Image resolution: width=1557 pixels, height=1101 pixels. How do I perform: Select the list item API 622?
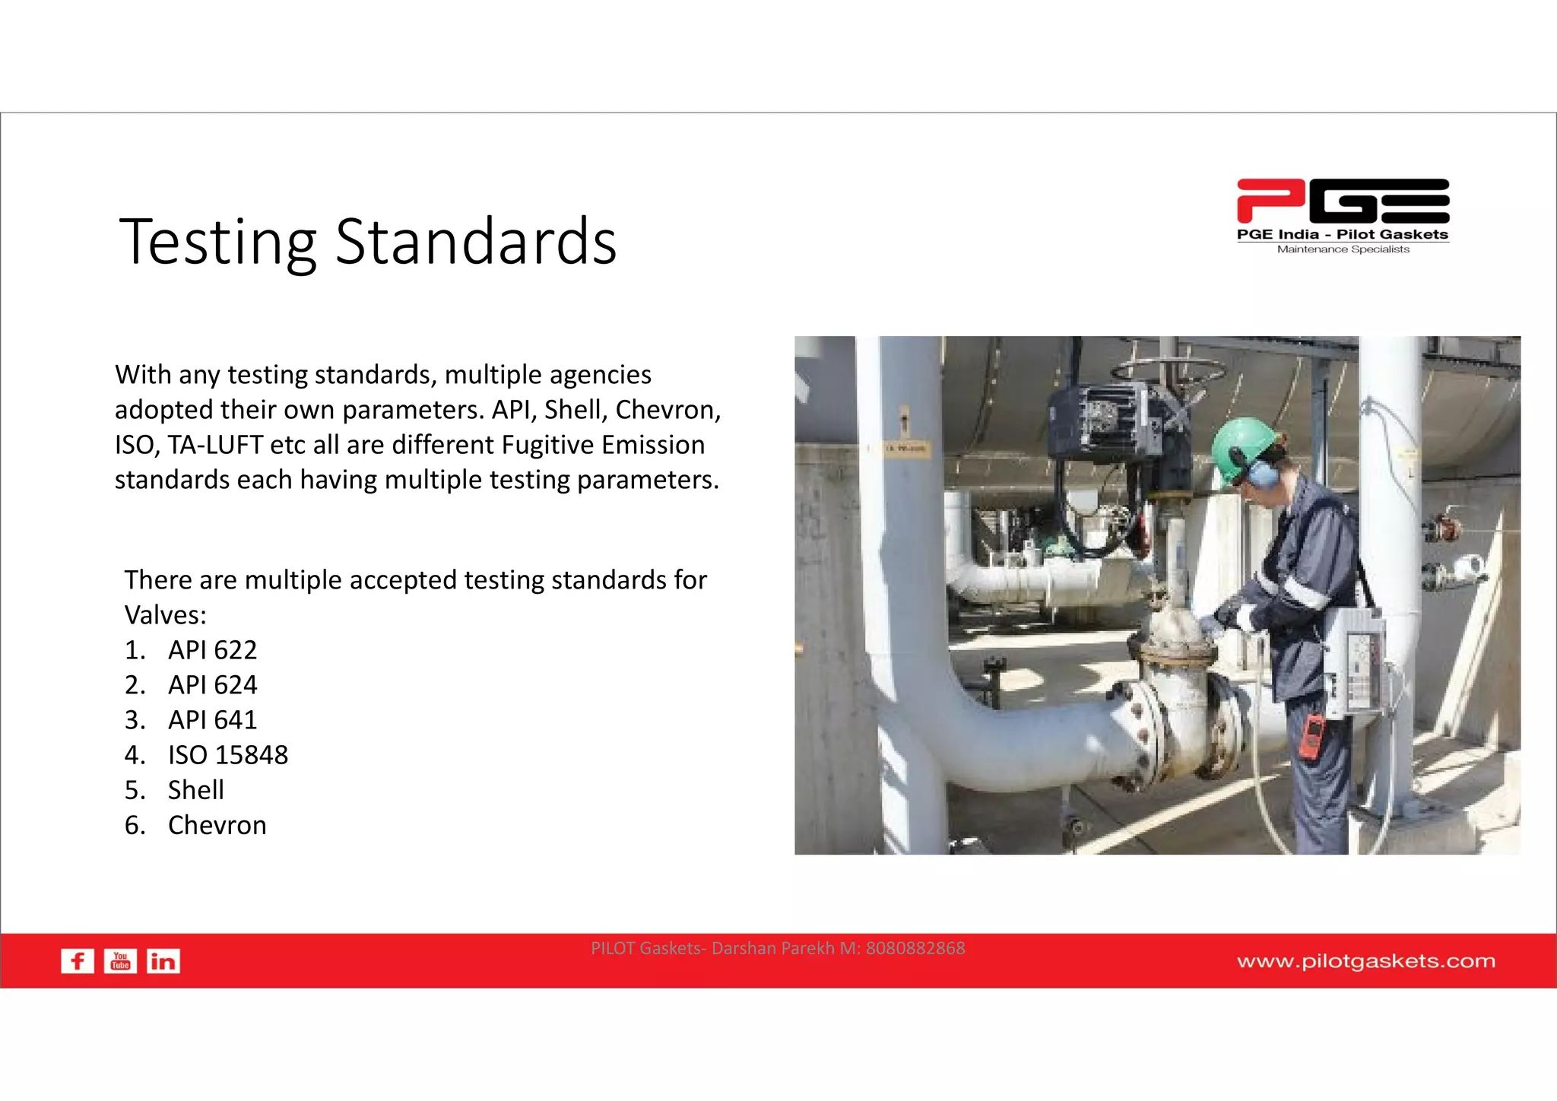pyautogui.click(x=212, y=650)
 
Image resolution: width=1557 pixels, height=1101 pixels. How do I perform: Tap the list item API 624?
pyautogui.click(x=212, y=685)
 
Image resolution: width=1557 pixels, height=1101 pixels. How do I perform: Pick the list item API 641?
pyautogui.click(x=212, y=720)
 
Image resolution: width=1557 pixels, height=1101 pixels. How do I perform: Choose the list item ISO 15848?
pyautogui.click(x=227, y=755)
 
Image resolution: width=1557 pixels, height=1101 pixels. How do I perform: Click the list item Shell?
pyautogui.click(x=195, y=790)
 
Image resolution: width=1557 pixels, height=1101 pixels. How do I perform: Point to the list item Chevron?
pyautogui.click(x=217, y=825)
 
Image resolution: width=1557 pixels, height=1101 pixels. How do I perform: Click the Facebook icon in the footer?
pyautogui.click(x=78, y=961)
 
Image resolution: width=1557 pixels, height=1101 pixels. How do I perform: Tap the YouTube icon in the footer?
pyautogui.click(x=120, y=961)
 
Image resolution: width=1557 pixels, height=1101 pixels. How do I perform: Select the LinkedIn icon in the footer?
pyautogui.click(x=163, y=961)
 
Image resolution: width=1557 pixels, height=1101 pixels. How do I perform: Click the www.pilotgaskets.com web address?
pyautogui.click(x=1365, y=961)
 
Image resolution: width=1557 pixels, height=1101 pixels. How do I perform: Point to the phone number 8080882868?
pyautogui.click(x=915, y=948)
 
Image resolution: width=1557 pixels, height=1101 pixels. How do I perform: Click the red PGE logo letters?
pyautogui.click(x=1343, y=201)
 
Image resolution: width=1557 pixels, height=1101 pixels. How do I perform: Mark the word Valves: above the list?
pyautogui.click(x=165, y=615)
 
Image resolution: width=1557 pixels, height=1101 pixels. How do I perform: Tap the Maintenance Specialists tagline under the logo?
pyautogui.click(x=1343, y=249)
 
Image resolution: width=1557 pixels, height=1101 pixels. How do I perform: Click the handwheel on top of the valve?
pyautogui.click(x=1168, y=372)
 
